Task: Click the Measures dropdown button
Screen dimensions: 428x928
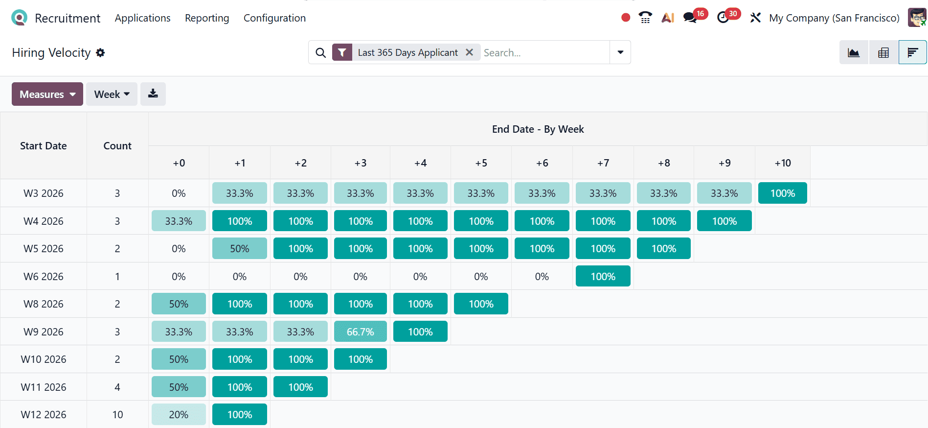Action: (x=47, y=94)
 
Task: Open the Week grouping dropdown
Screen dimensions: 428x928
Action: (x=112, y=94)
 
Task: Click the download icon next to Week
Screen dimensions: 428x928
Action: (x=153, y=94)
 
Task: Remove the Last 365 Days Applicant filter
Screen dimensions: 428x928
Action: (x=469, y=52)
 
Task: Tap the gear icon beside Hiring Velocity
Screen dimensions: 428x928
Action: (x=100, y=52)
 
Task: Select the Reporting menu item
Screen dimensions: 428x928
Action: (x=207, y=18)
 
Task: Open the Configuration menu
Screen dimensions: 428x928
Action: (x=274, y=18)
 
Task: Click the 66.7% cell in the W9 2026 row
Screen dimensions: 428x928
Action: (x=360, y=332)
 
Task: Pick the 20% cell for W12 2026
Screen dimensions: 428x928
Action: (x=179, y=414)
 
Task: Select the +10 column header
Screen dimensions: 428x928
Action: (x=782, y=163)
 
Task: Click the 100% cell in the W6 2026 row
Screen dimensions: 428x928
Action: (x=603, y=276)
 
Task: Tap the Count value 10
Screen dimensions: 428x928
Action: (x=117, y=414)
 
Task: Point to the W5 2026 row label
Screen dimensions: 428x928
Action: (x=44, y=248)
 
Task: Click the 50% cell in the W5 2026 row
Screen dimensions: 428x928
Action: (x=239, y=248)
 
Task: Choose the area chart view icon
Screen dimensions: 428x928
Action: (x=854, y=52)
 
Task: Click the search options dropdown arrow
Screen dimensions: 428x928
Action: (x=620, y=52)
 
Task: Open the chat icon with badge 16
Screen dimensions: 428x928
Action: (x=690, y=18)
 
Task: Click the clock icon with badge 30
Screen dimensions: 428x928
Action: (x=723, y=18)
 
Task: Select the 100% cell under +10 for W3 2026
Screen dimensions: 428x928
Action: (x=782, y=193)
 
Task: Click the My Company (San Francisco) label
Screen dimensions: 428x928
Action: (x=834, y=18)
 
